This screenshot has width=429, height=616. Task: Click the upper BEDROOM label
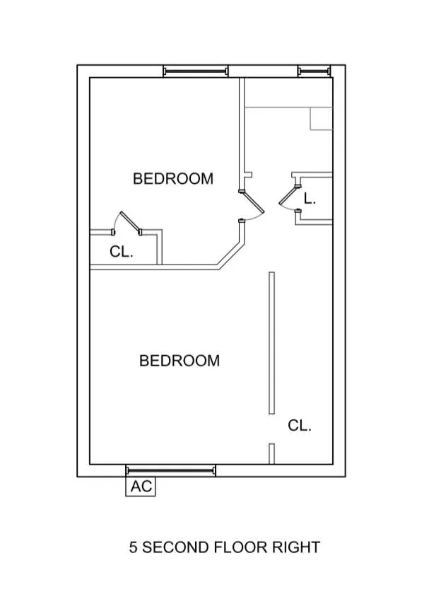pyautogui.click(x=173, y=178)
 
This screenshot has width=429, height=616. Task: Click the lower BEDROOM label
pyautogui.click(x=180, y=361)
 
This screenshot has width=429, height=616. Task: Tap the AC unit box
pyautogui.click(x=140, y=487)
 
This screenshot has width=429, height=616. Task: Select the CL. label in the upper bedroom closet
pyautogui.click(x=122, y=251)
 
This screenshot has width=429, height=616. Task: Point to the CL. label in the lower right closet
pyautogui.click(x=300, y=426)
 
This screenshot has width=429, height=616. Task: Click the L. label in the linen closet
pyautogui.click(x=310, y=199)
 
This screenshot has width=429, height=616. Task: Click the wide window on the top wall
pyautogui.click(x=196, y=71)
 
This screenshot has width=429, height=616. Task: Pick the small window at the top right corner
pyautogui.click(x=315, y=71)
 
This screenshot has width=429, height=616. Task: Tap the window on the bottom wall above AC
pyautogui.click(x=170, y=470)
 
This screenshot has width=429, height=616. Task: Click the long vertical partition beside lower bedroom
pyautogui.click(x=271, y=343)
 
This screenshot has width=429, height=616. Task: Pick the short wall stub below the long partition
pyautogui.click(x=271, y=453)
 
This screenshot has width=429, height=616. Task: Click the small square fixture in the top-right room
pyautogui.click(x=321, y=119)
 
